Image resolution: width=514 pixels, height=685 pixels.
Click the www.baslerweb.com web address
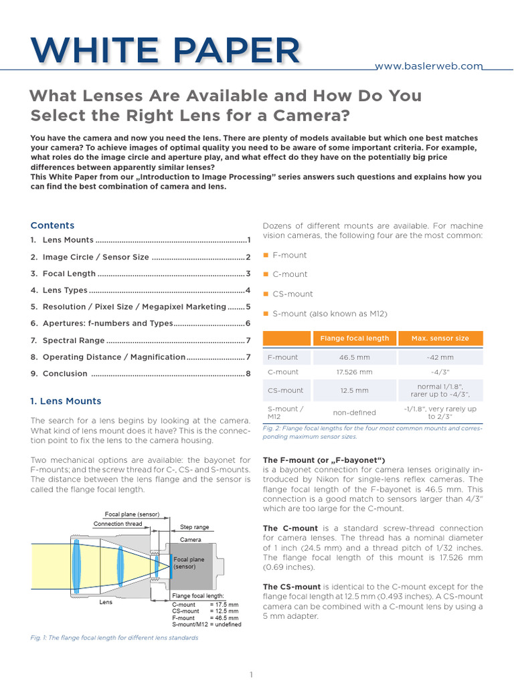coord(428,66)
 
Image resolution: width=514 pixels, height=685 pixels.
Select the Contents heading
coord(52,225)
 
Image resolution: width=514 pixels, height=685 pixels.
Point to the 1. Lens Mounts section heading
coord(66,401)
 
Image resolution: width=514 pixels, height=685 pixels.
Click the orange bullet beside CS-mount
coord(266,294)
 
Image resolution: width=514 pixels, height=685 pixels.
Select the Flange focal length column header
coord(355,338)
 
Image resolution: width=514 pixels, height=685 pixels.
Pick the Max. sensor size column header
coord(440,338)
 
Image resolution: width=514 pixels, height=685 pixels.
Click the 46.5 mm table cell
coord(355,358)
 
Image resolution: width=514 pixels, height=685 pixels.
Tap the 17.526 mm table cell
coord(355,372)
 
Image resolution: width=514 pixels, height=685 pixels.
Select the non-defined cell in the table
coord(355,413)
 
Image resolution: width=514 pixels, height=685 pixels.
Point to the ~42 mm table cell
coord(440,358)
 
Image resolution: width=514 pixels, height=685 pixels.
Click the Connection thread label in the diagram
coord(118,524)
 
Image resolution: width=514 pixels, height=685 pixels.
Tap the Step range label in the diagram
coord(195,527)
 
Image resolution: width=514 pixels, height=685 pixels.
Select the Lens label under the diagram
coord(106,602)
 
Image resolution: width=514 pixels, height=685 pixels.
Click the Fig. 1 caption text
coord(114,638)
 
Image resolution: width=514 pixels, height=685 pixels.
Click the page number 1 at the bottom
coord(251,675)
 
